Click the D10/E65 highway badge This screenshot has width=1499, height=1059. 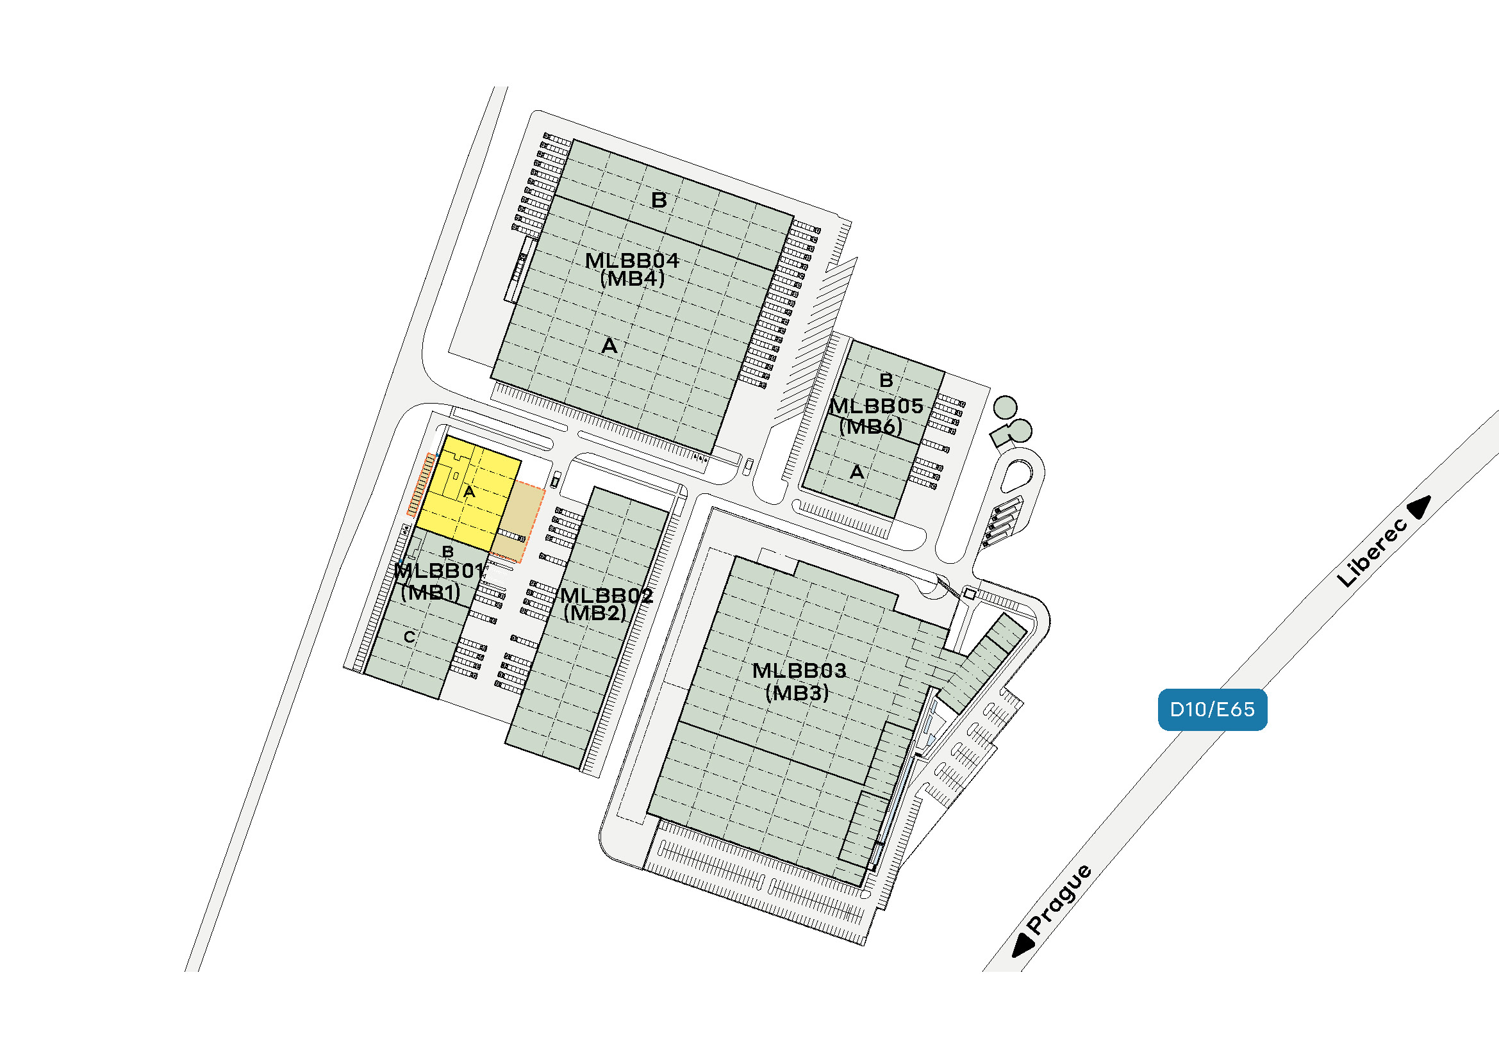[x=1213, y=709]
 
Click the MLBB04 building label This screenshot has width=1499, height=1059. [x=632, y=261]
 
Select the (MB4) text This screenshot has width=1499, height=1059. [x=632, y=279]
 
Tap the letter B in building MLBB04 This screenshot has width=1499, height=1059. [x=659, y=200]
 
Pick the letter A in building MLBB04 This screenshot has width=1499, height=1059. [x=609, y=345]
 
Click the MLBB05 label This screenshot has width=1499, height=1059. [x=876, y=407]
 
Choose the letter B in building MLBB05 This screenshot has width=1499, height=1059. [x=886, y=380]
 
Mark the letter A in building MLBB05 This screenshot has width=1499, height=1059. [x=857, y=472]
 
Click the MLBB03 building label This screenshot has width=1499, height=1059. [x=799, y=670]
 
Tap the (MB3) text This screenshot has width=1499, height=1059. [x=797, y=693]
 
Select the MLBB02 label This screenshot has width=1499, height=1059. [x=606, y=595]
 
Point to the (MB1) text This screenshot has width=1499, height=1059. [x=430, y=592]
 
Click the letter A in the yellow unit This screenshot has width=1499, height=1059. [x=468, y=491]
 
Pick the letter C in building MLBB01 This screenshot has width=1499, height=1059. [x=410, y=637]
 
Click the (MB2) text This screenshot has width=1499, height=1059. [x=595, y=612]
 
